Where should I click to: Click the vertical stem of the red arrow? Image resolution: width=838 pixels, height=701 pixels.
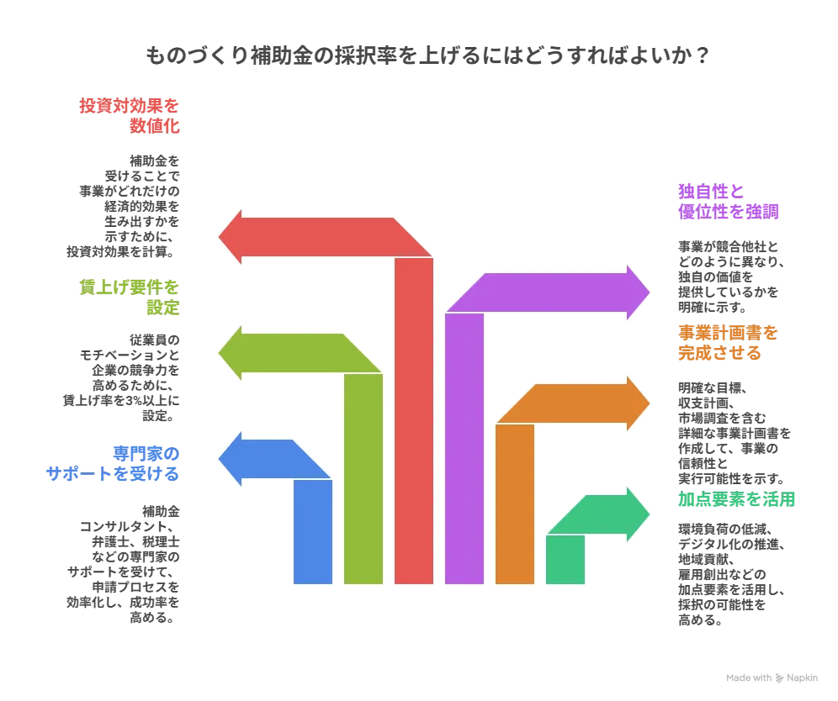click(x=414, y=420)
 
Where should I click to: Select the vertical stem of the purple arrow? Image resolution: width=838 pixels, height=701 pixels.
click(x=464, y=445)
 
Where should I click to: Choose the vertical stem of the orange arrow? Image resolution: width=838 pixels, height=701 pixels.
click(x=515, y=504)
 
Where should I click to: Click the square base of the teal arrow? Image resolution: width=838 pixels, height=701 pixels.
click(x=565, y=559)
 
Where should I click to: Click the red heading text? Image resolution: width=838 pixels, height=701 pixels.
click(x=130, y=116)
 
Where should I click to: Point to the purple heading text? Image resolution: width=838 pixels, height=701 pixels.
click(x=729, y=202)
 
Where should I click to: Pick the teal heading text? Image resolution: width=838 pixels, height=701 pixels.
click(x=737, y=501)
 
